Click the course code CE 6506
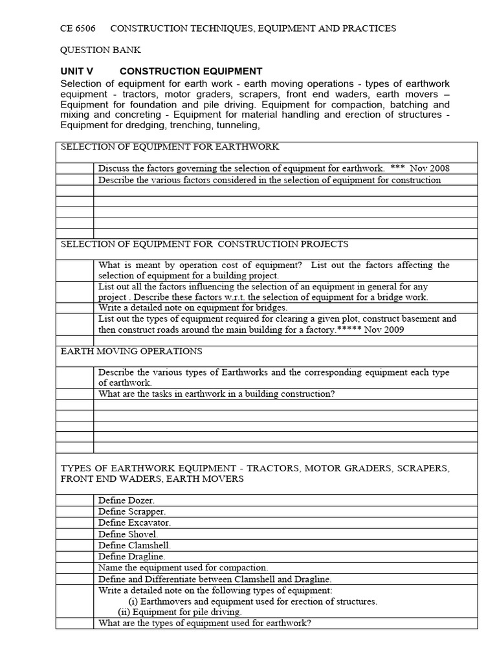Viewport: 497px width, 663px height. [x=78, y=28]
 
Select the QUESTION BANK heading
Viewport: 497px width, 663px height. [x=100, y=50]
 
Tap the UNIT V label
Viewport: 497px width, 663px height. [x=77, y=71]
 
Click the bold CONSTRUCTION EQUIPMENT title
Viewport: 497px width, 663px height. [x=191, y=71]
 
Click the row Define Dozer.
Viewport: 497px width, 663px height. [x=127, y=500]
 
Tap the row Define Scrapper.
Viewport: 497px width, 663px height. [x=133, y=511]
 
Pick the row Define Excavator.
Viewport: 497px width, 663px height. [x=135, y=523]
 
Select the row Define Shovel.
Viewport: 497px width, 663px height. [x=128, y=534]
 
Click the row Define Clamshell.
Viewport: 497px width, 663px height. [x=134, y=545]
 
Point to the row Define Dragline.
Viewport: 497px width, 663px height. [x=132, y=556]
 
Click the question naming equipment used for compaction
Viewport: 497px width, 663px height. [x=183, y=567]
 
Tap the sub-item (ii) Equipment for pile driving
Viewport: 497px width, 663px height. [x=180, y=612]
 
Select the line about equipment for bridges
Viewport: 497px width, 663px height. [x=193, y=308]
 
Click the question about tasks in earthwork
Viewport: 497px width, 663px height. [x=217, y=394]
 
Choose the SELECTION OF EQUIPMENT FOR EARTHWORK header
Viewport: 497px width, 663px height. [x=170, y=147]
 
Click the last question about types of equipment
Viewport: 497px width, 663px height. [x=204, y=624]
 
